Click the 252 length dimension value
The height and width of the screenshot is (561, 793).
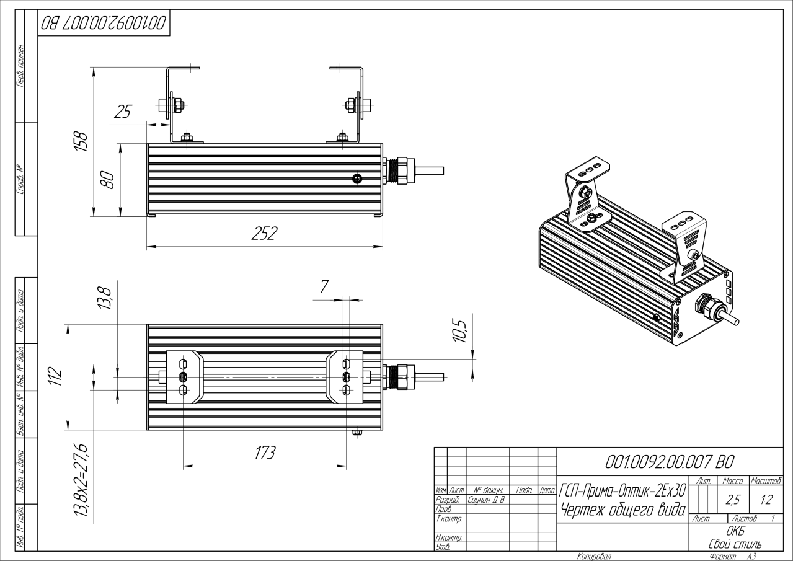pyautogui.click(x=264, y=233)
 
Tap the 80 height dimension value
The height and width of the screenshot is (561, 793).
pyautogui.click(x=108, y=180)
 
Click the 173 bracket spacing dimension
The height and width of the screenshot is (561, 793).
pyautogui.click(x=265, y=453)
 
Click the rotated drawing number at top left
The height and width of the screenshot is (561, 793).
pyautogui.click(x=103, y=23)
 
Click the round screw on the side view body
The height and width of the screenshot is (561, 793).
pyautogui.click(x=357, y=179)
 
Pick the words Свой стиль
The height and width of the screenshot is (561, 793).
pyautogui.click(x=735, y=544)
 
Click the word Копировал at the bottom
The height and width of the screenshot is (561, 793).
pyautogui.click(x=593, y=556)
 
